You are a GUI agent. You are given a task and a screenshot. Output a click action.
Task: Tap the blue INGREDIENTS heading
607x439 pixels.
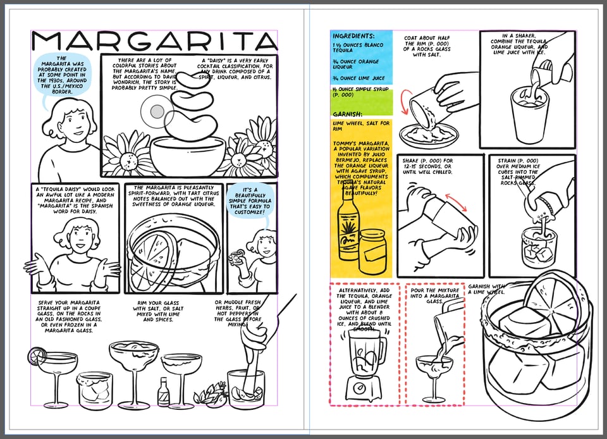coord(353,37)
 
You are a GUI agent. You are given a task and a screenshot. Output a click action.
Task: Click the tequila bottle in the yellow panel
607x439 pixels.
coord(347,235)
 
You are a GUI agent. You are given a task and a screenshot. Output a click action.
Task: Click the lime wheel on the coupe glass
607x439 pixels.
coord(35,356)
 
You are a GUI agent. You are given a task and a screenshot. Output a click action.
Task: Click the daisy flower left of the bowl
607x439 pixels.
coord(125,156)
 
